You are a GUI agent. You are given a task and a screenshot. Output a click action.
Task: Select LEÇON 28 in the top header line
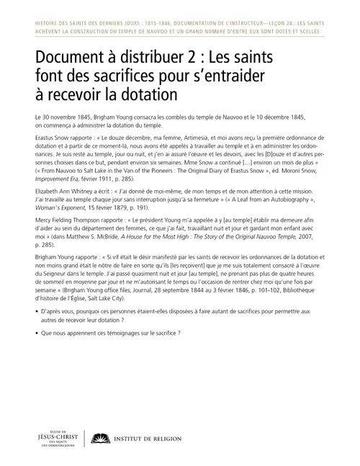[270, 24]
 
